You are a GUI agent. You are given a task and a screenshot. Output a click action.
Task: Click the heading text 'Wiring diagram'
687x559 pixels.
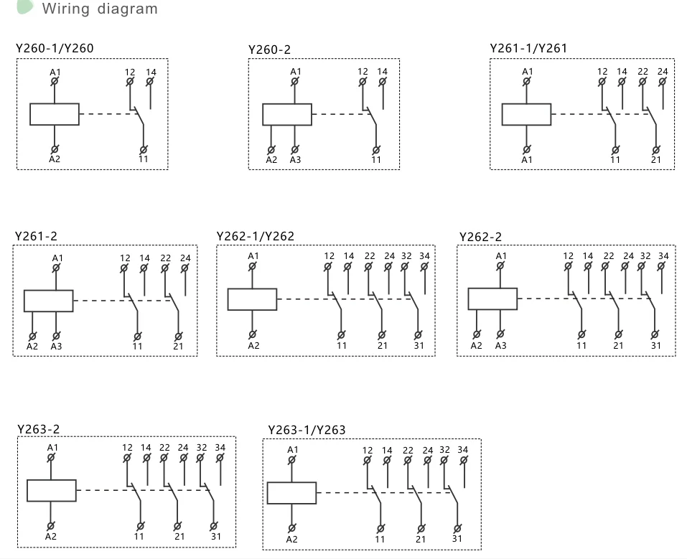tap(100, 9)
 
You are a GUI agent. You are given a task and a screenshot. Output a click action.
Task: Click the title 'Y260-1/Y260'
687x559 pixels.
tap(55, 49)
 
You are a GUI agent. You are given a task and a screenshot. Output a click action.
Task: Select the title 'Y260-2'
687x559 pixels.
tap(270, 50)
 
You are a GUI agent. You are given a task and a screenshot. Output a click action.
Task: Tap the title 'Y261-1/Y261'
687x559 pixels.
tap(528, 48)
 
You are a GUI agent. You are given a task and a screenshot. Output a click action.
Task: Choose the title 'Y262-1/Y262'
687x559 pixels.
tap(256, 236)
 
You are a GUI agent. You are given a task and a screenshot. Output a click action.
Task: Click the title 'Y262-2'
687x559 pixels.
tap(480, 237)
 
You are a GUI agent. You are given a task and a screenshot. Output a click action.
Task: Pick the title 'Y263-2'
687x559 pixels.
tap(39, 429)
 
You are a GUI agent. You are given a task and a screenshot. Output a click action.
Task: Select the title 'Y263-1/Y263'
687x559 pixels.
tap(307, 430)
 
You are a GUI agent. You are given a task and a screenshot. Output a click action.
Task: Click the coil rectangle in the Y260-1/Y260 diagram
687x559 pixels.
tap(55, 114)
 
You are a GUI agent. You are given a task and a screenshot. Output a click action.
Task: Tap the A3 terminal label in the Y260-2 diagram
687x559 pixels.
tap(295, 159)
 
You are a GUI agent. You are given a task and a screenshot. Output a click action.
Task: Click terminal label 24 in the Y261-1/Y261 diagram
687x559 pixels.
tap(663, 72)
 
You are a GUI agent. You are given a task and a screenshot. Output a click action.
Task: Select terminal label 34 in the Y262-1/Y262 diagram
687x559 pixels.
tap(424, 256)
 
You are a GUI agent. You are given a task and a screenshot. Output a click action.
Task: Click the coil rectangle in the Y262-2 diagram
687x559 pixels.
tap(492, 299)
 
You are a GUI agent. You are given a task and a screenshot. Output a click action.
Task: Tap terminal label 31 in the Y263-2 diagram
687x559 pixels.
tap(215, 536)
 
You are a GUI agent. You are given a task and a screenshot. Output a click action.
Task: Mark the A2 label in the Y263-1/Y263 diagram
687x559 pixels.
tap(291, 539)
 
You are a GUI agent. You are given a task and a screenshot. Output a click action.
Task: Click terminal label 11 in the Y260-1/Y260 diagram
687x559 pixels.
tap(144, 159)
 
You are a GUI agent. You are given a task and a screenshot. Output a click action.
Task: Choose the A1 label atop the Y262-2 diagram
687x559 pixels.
tap(501, 256)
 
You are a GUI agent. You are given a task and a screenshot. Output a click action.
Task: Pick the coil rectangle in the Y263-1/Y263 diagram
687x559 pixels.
tap(291, 493)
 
